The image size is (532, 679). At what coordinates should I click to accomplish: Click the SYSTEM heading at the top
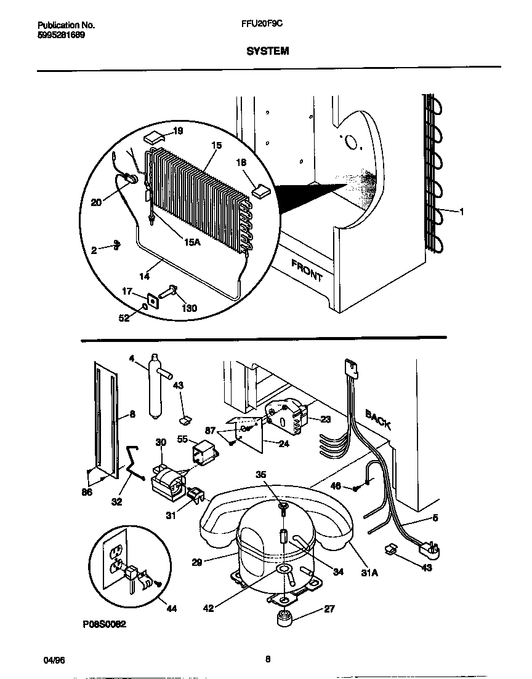268,52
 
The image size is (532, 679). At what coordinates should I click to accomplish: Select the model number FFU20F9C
258,25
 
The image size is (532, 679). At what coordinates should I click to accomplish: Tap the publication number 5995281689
62,35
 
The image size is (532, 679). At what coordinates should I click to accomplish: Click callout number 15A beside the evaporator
192,242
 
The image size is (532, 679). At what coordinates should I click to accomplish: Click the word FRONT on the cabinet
306,270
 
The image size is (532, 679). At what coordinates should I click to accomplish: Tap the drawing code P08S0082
104,624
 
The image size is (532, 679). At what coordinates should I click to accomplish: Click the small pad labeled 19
154,135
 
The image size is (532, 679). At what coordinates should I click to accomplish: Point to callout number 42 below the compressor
209,608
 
